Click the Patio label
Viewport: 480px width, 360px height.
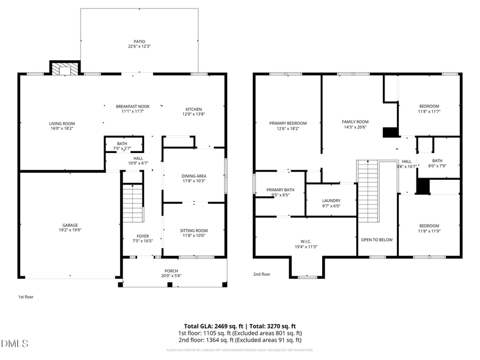click(x=139, y=42)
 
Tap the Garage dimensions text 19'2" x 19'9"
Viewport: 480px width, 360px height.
click(x=70, y=230)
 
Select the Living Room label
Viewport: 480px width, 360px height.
click(x=62, y=123)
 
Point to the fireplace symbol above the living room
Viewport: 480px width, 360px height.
click(x=65, y=68)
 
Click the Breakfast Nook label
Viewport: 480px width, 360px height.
click(x=133, y=107)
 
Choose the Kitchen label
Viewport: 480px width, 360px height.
click(x=194, y=109)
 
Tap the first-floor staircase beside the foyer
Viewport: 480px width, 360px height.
click(x=133, y=203)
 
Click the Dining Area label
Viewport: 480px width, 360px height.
click(x=194, y=176)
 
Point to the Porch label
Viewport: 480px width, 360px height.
click(x=171, y=271)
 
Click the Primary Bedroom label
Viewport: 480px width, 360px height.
click(x=288, y=123)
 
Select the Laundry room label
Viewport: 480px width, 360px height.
click(x=331, y=201)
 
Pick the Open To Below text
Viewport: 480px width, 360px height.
click(x=377, y=239)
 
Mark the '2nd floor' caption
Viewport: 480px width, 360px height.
click(x=261, y=274)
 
